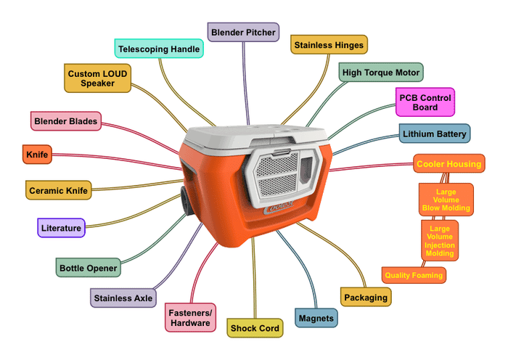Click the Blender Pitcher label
tap(243, 32)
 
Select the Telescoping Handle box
tap(159, 48)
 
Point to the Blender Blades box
tap(65, 120)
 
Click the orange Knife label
tap(36, 155)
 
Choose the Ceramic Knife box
tap(58, 191)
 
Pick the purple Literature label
tap(61, 228)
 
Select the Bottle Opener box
tap(88, 268)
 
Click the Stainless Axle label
tap(123, 297)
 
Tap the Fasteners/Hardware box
tap(189, 317)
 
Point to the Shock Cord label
tap(255, 328)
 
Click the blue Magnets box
tap(316, 318)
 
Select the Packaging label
tap(366, 297)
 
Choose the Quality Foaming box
tap(413, 275)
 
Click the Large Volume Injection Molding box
tap(440, 240)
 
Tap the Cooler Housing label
tap(448, 164)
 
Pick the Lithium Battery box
tap(435, 134)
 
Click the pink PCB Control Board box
tap(425, 102)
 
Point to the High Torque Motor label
tap(382, 73)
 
